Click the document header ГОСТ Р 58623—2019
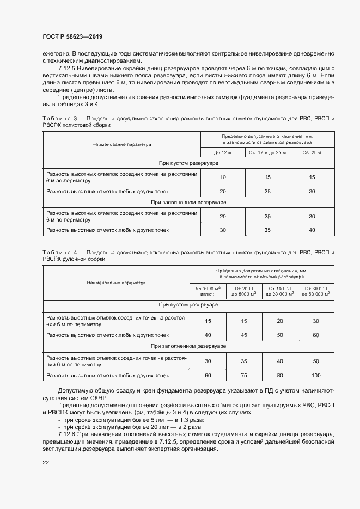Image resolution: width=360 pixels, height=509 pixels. (72, 36)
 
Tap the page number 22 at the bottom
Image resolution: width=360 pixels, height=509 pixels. (46, 462)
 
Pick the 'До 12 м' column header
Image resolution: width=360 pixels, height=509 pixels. (223, 153)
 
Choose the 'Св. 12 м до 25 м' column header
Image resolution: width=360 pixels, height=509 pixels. (267, 153)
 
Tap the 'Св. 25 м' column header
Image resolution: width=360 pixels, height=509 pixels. (312, 153)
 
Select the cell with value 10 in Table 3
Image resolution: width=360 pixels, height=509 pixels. (223, 177)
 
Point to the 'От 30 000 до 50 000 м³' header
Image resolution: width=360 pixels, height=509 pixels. (316, 291)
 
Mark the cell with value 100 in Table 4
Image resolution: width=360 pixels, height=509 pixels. (316, 376)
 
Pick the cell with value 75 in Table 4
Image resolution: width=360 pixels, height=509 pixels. (244, 376)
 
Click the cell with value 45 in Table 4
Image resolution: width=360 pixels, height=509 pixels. (244, 335)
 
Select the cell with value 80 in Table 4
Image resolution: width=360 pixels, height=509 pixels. (280, 376)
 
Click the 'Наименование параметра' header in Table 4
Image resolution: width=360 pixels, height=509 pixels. (116, 283)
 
